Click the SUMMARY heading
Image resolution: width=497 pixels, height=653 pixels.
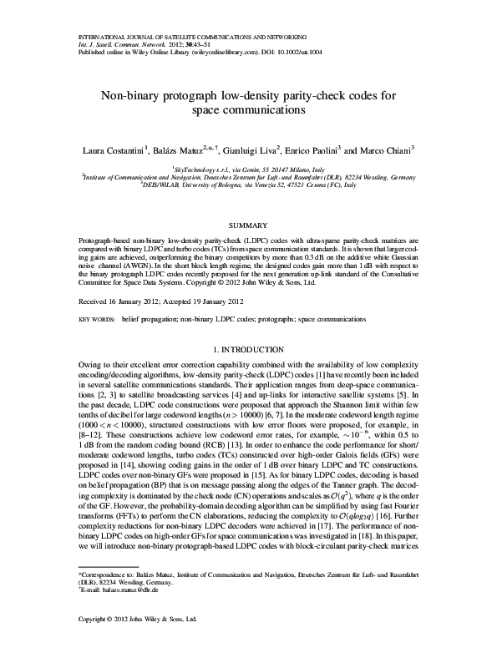point(248,225)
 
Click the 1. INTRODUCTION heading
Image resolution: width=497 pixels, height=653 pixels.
point(248,347)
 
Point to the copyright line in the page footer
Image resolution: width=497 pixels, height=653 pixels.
point(137,643)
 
